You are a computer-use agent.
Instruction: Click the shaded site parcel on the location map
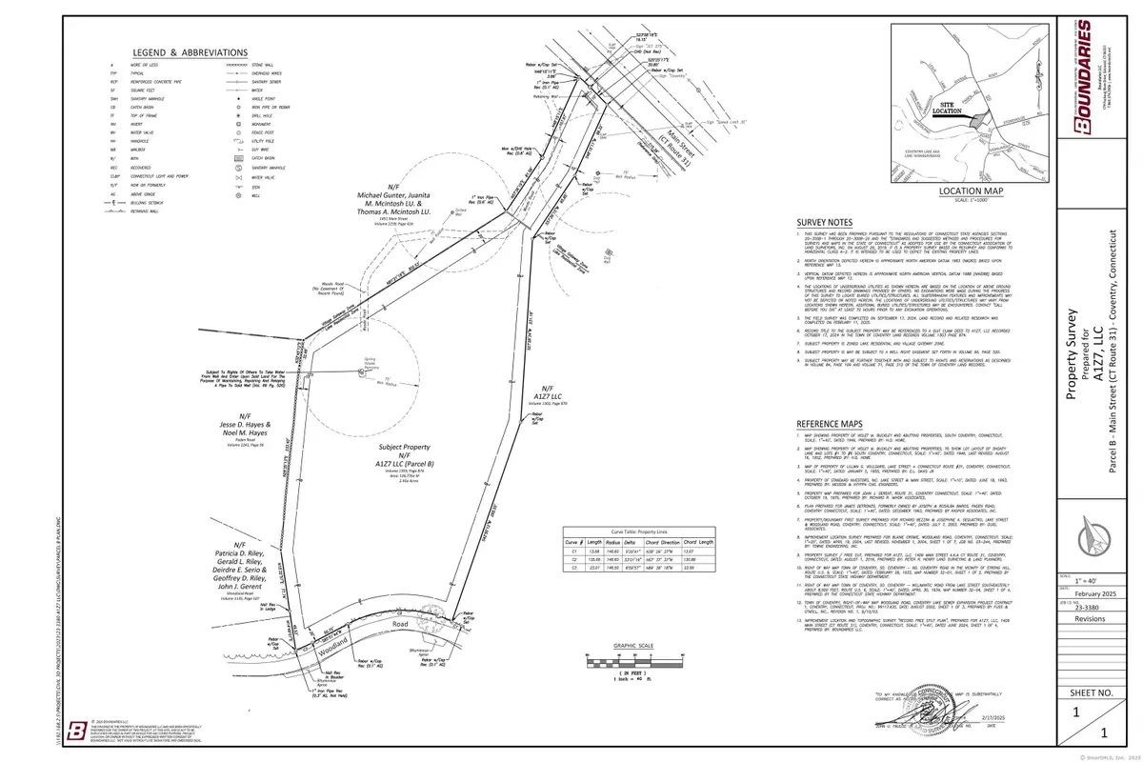(x=973, y=117)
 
